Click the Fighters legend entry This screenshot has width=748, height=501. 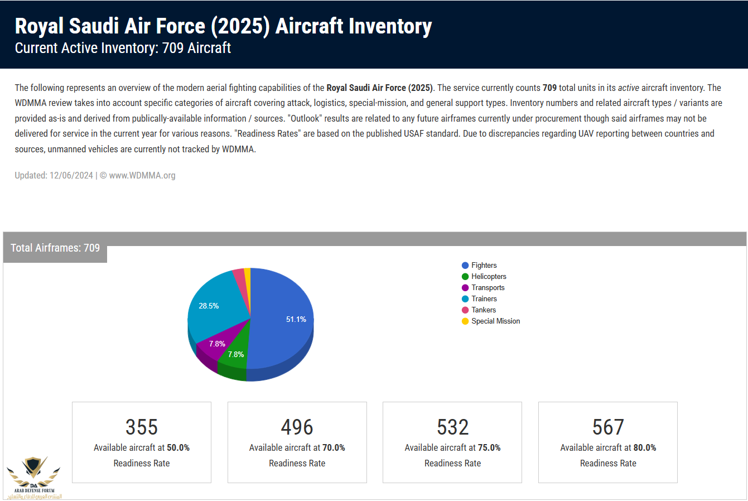[x=484, y=266]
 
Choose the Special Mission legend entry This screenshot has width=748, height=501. [x=495, y=321]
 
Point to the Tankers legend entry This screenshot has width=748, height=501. [x=483, y=310]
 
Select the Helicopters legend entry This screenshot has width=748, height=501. [x=489, y=277]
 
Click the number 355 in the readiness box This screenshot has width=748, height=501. [x=142, y=427]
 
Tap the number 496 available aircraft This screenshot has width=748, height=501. [x=297, y=427]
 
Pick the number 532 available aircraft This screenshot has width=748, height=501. [x=452, y=427]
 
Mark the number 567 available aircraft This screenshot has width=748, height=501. [x=608, y=427]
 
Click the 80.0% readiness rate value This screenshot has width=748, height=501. [x=645, y=448]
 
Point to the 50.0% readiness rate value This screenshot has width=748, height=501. [x=178, y=448]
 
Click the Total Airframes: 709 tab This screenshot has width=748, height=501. [x=55, y=248]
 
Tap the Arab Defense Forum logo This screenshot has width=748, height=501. [x=34, y=478]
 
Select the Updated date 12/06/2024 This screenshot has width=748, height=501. [x=71, y=176]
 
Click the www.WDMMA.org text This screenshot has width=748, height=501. [x=142, y=176]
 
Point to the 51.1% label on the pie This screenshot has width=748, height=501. [x=296, y=320]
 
